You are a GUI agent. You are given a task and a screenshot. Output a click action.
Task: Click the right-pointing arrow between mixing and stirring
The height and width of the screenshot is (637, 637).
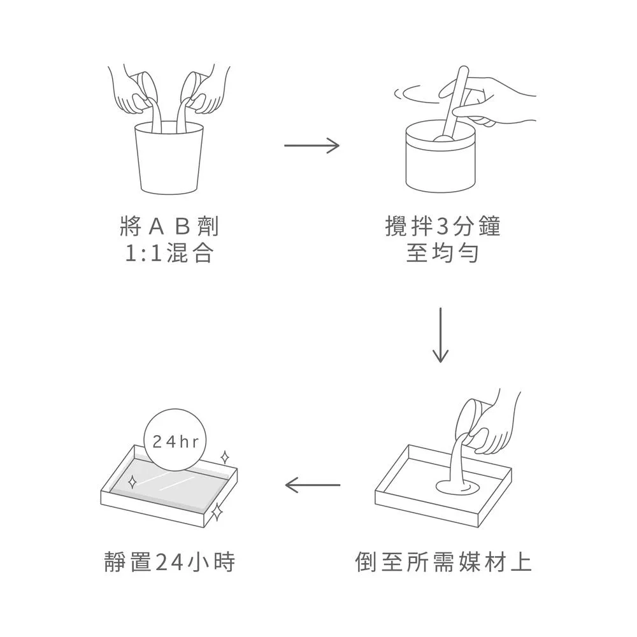coord(311,146)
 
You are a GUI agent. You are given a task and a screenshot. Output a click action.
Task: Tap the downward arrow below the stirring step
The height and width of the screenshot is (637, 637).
coord(440,335)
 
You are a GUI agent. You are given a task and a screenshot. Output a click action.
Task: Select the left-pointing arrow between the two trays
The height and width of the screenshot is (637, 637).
coord(312,486)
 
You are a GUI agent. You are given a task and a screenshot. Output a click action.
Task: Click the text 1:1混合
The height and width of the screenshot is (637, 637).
coord(169,255)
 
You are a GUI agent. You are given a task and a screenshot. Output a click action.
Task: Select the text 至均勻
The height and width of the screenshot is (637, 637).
coord(442,255)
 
